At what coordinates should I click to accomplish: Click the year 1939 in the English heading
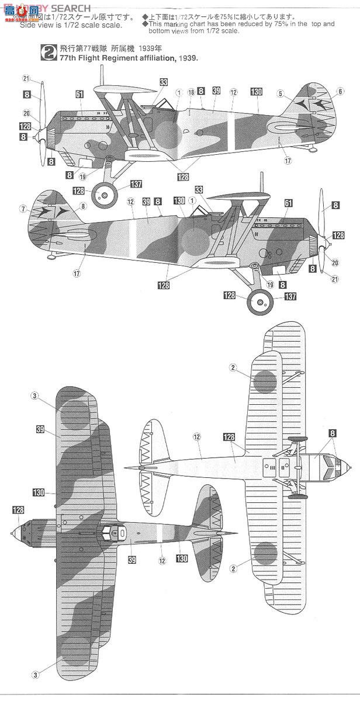pos(186,59)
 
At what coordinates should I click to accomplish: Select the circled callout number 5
pos(281,93)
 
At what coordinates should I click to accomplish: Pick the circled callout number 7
pos(22,209)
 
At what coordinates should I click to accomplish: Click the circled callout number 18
pos(191,92)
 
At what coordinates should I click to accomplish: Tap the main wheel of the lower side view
pos(258,302)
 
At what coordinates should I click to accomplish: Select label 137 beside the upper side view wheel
pos(136,184)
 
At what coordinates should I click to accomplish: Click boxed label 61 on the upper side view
pos(79,93)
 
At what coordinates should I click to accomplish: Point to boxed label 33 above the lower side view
pos(199,190)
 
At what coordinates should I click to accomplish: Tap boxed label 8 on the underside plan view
pos(333,433)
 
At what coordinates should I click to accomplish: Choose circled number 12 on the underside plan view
pos(197,437)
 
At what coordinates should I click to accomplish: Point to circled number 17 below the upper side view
pos(288,160)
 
